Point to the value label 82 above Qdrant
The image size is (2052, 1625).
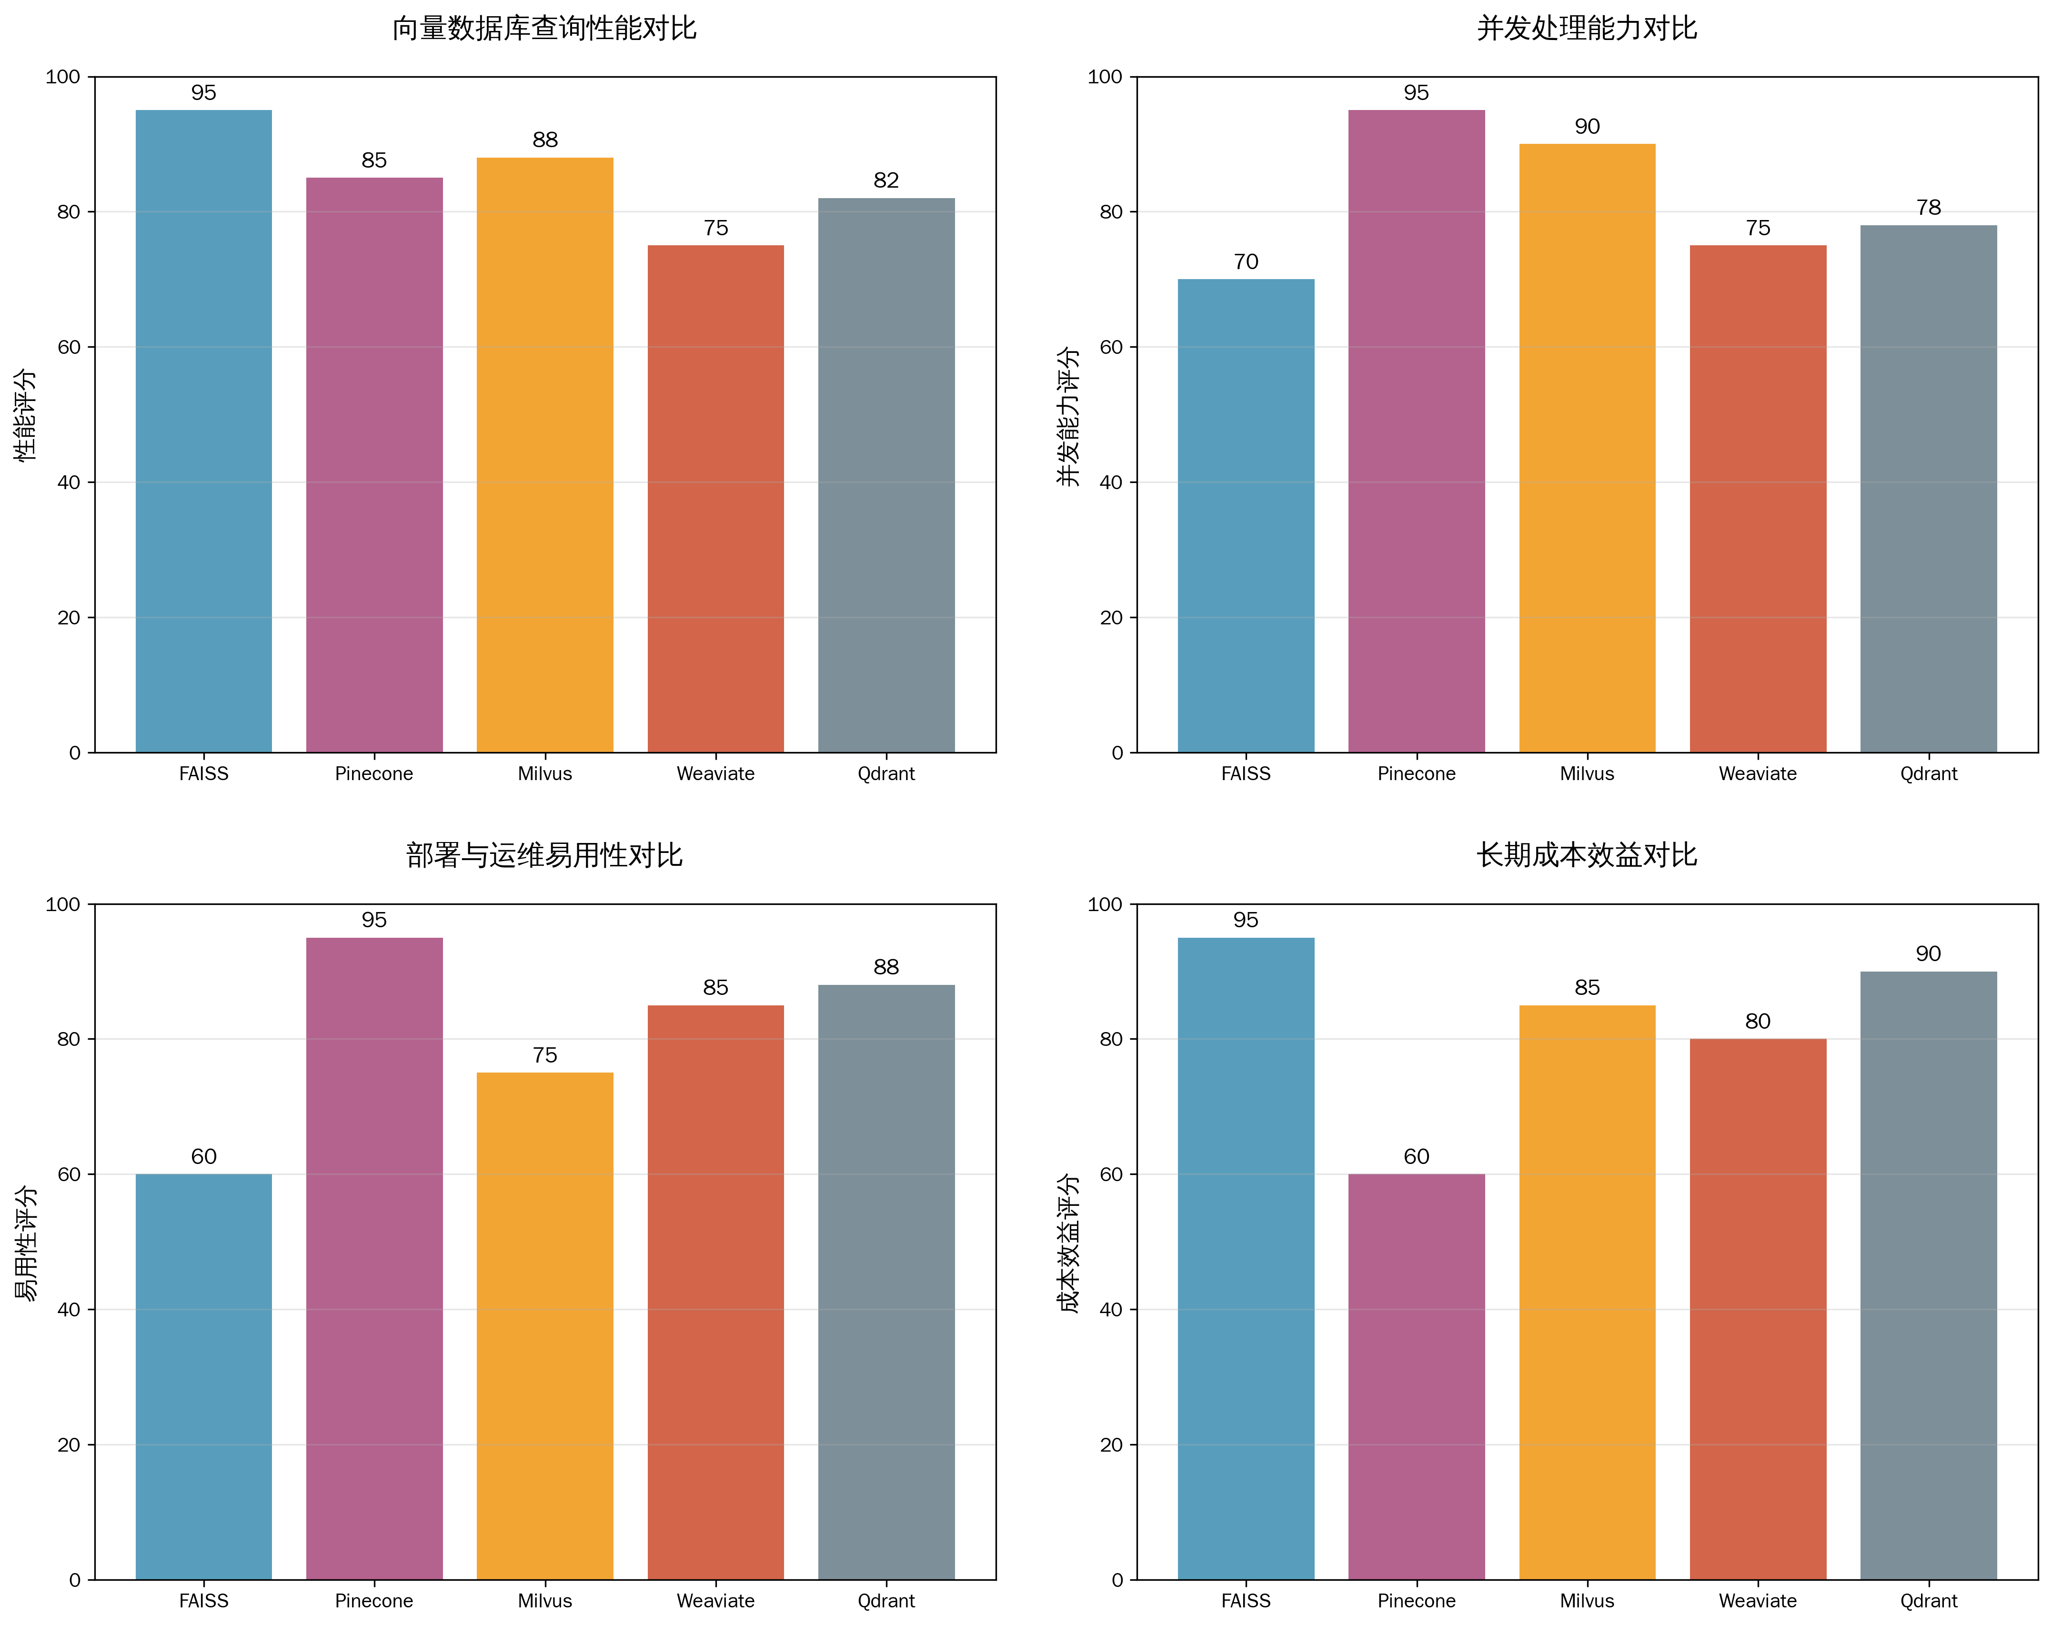pos(885,180)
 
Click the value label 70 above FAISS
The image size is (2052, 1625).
pos(1245,261)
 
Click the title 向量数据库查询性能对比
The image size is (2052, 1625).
pos(544,29)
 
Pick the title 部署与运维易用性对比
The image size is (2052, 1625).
pos(544,855)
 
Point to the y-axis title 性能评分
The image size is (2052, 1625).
pos(26,415)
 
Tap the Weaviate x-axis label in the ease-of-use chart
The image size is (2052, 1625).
pos(715,1600)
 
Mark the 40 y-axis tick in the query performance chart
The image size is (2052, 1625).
pos(69,482)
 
